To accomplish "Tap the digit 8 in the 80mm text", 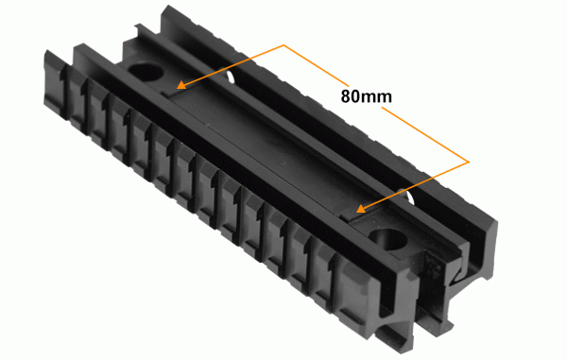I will tap(345, 96).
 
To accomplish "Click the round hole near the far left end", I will tap(146, 72).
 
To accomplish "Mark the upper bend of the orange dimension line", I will tap(283, 44).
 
